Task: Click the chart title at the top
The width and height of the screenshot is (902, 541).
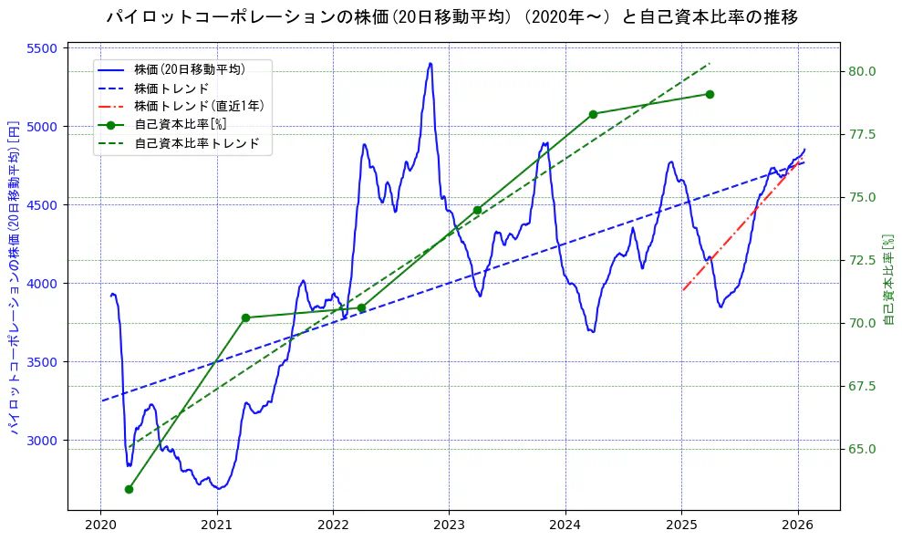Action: point(452,16)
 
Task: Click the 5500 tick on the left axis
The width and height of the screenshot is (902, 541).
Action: point(42,48)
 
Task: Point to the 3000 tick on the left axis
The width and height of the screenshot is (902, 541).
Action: point(42,441)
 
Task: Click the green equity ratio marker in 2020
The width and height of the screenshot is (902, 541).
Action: point(129,489)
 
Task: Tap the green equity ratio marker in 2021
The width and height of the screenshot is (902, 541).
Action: point(245,317)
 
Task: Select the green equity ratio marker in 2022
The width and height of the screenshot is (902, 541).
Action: point(361,307)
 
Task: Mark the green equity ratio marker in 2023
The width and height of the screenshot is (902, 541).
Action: point(477,210)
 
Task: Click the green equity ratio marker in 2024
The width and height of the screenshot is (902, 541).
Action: point(593,114)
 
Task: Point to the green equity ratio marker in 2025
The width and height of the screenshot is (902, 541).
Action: point(710,94)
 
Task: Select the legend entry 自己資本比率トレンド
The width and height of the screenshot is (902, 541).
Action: point(197,143)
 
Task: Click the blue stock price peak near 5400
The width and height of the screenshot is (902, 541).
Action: point(430,64)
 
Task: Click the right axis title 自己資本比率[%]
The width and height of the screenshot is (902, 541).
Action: point(889,278)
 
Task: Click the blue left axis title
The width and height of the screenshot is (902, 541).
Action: point(14,278)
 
